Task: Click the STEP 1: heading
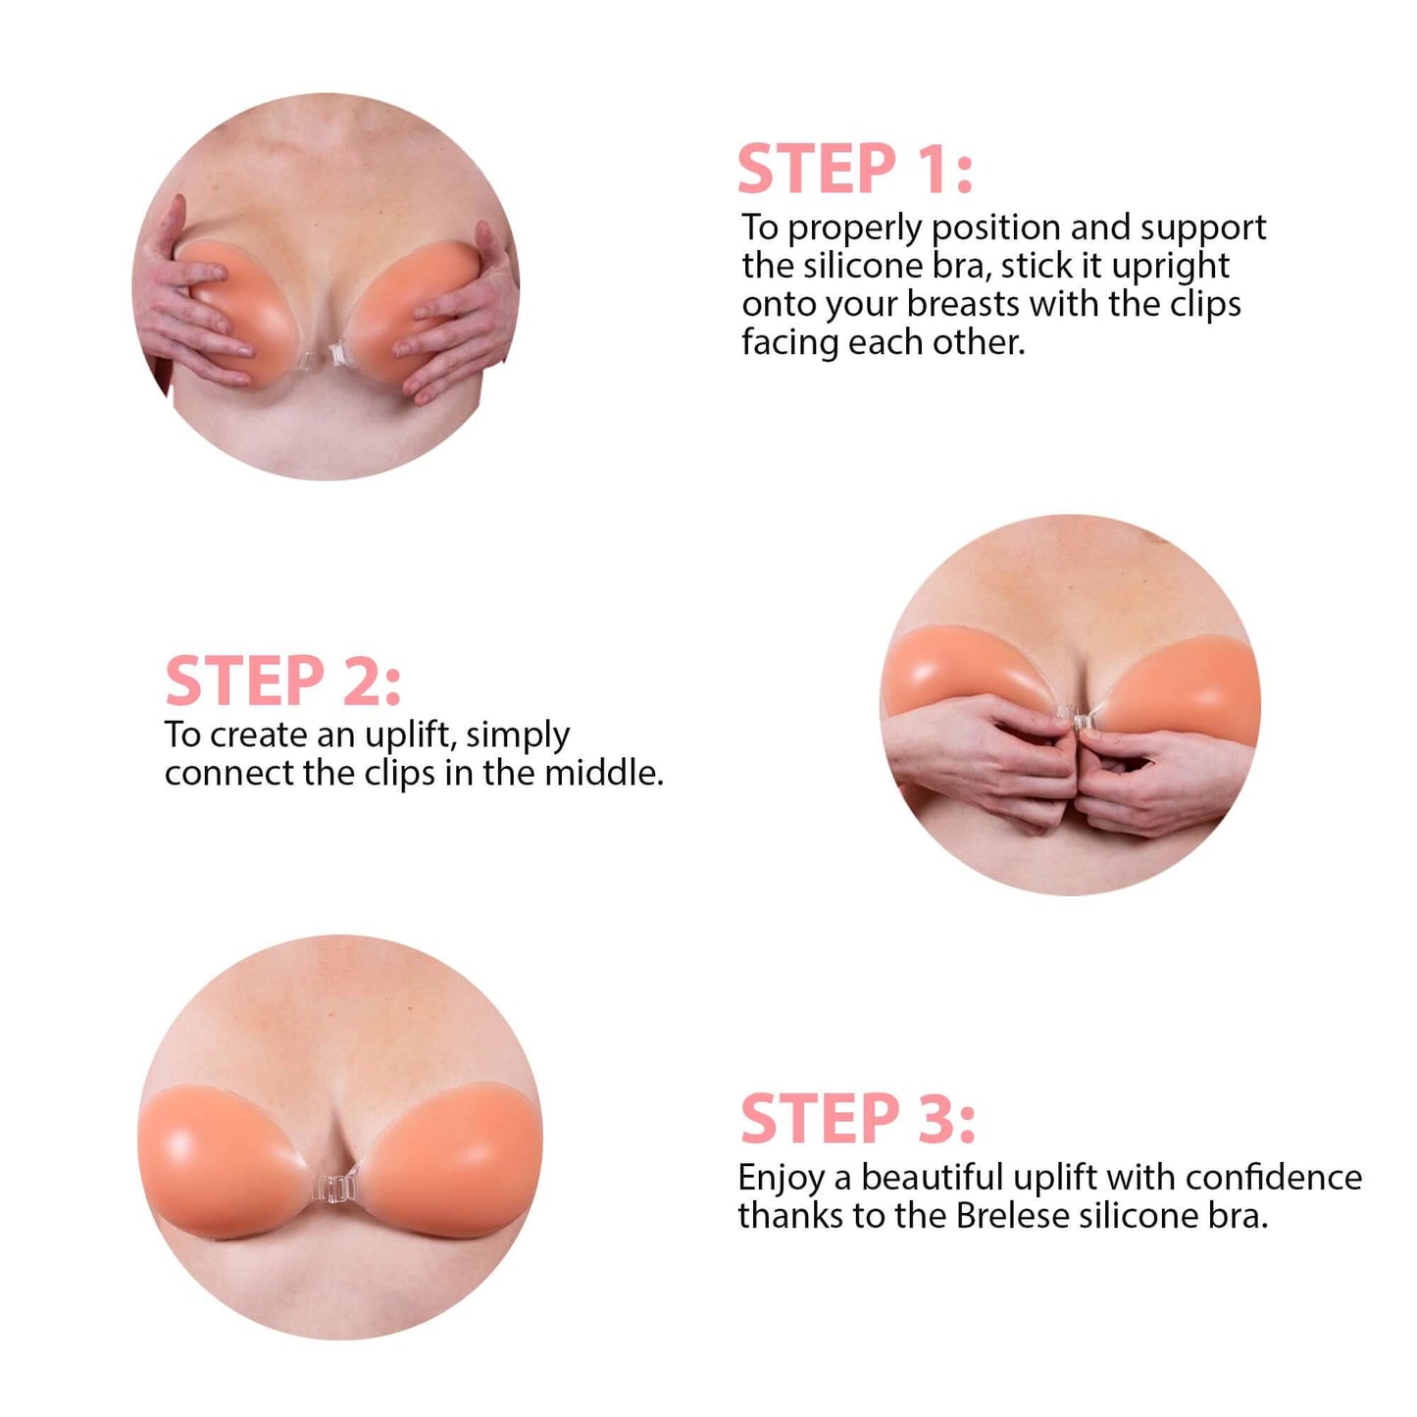854,170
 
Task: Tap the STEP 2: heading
282,682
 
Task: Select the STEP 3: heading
857,1119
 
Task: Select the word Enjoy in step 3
781,1178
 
